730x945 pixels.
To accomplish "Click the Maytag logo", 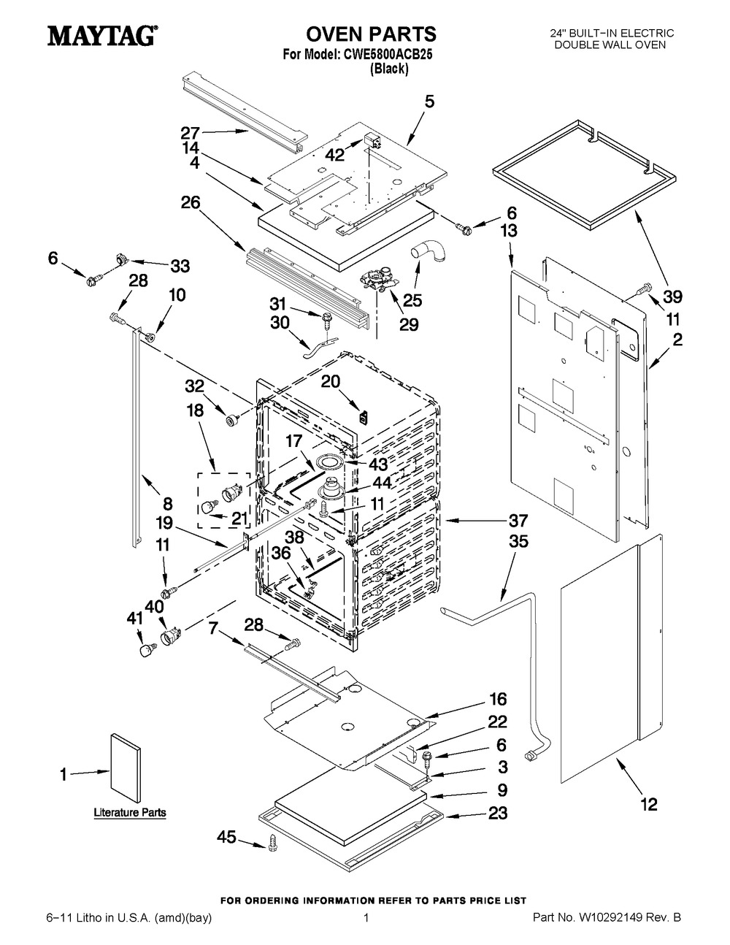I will pos(103,35).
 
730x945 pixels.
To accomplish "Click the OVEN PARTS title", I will pos(371,34).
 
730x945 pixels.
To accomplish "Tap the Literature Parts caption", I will pos(130,812).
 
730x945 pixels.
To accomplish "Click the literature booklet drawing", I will pos(126,772).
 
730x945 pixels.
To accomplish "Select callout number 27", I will pos(191,132).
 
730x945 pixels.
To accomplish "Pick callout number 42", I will pos(335,155).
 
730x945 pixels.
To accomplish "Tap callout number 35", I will pos(518,541).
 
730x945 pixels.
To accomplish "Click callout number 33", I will pos(180,266).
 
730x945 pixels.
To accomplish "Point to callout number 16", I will pos(498,700).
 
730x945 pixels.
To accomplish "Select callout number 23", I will pos(498,812).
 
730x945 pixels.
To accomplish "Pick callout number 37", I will pos(518,520).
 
